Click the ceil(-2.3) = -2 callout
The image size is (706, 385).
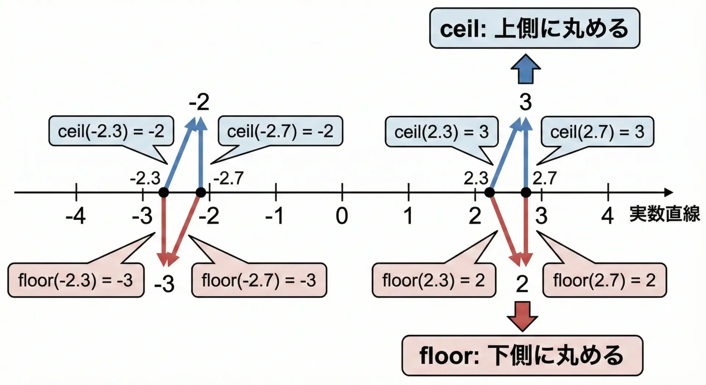[111, 131]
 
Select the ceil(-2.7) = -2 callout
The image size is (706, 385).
[280, 131]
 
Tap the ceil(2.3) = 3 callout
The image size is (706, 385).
[441, 132]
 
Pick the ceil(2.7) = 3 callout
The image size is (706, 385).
[597, 132]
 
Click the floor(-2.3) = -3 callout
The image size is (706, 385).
[76, 280]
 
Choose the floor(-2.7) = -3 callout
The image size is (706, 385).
[259, 280]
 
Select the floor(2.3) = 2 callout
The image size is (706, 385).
[434, 280]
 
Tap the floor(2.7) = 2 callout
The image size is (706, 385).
[605, 280]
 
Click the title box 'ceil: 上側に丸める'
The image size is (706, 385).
[534, 28]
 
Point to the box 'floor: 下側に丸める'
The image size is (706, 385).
[522, 355]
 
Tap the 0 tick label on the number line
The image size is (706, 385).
[342, 216]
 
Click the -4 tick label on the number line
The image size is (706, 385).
[76, 216]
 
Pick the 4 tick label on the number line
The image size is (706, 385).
[607, 216]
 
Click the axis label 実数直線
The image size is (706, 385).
[664, 214]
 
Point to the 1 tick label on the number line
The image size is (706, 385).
[408, 216]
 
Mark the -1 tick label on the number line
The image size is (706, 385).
[275, 216]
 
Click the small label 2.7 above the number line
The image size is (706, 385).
[545, 178]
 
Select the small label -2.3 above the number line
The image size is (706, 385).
[145, 178]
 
